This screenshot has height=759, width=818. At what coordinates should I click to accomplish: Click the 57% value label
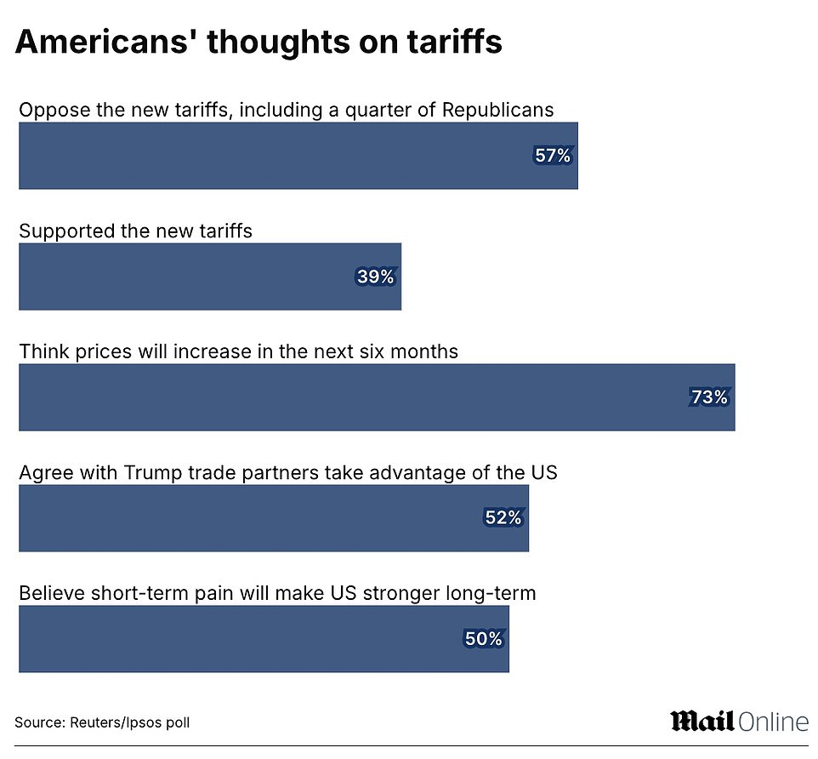(x=553, y=156)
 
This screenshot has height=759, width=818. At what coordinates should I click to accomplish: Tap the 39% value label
(x=375, y=277)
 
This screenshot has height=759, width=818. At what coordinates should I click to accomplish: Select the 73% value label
(x=709, y=397)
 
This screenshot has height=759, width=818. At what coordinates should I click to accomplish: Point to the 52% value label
(x=503, y=518)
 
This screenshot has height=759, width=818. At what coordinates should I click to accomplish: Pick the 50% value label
(x=484, y=639)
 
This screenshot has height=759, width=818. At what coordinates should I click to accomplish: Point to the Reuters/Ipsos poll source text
(x=102, y=722)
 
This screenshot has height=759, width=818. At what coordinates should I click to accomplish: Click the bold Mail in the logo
(x=702, y=721)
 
